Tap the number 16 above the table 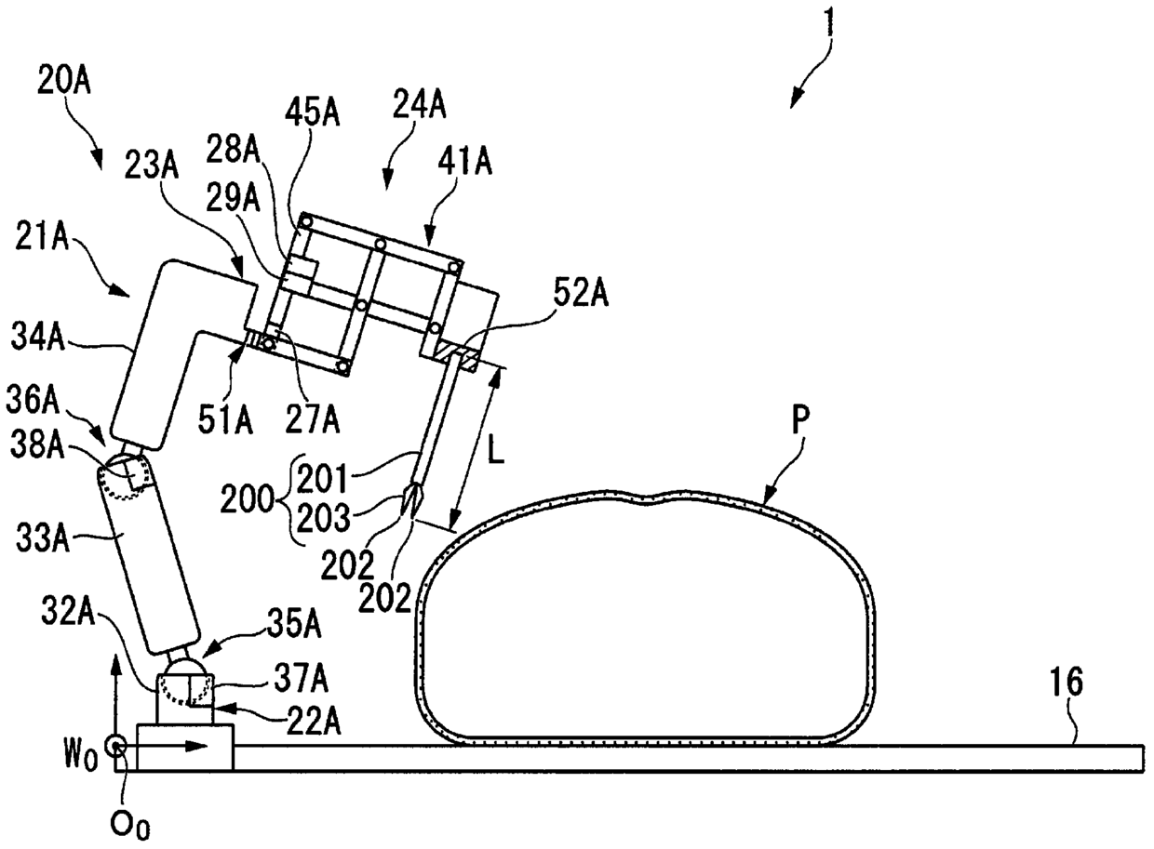(x=1067, y=683)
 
